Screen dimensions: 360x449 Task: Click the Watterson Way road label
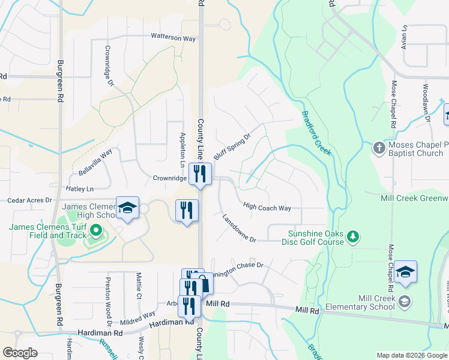(173, 38)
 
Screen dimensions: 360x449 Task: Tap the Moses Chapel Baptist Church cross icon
(378, 147)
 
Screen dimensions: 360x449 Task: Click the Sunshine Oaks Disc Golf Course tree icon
(354, 237)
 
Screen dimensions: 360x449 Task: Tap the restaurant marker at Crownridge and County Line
(199, 174)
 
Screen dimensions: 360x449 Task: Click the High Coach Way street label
(267, 208)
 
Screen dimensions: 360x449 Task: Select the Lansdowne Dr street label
(239, 229)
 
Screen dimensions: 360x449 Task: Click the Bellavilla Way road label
(95, 163)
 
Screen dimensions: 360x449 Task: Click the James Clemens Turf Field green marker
(95, 230)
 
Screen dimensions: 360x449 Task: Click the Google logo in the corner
(20, 353)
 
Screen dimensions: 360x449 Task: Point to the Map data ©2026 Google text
(411, 355)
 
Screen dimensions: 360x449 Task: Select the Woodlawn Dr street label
(427, 102)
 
